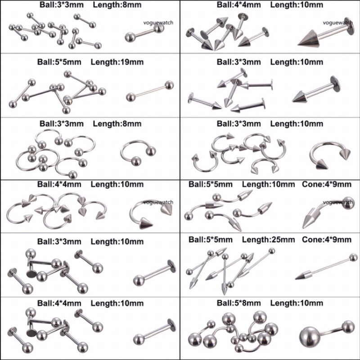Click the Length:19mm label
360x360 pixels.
pos(117,62)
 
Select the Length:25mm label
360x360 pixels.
pos(268,240)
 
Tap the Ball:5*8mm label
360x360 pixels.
pos(239,303)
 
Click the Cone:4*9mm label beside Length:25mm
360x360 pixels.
pos(327,240)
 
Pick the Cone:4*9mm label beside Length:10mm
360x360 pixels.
pos(327,184)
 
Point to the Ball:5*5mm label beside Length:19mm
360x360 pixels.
pos(59,62)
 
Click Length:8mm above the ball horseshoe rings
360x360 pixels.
pos(117,124)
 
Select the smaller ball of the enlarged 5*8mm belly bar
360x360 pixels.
pos(348,327)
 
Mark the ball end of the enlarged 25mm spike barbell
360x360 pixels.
pos(353,257)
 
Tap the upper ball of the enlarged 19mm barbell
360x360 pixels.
pos(169,85)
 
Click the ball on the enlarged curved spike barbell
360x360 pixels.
pos(348,203)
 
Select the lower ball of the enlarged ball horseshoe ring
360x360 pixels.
pos(136,161)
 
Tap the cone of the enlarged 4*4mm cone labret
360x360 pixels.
pos(309,39)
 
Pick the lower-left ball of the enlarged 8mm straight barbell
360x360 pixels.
pos(130,37)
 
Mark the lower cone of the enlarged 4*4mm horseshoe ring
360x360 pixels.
pos(145,223)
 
